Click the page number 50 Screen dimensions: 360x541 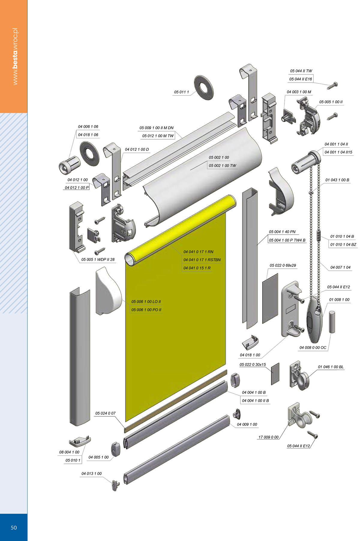(x=14, y=527)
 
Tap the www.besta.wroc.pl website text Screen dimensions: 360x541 (x=15, y=56)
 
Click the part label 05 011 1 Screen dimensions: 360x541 (x=181, y=92)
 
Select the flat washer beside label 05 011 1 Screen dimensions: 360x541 (x=204, y=87)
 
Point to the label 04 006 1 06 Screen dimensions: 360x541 (x=88, y=127)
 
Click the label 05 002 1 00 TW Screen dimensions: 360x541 (x=223, y=166)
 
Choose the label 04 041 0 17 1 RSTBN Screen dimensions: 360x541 (x=202, y=260)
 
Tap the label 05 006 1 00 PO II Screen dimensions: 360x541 (x=146, y=310)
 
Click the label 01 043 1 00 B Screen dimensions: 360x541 (x=337, y=180)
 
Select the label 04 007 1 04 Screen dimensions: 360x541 (x=340, y=267)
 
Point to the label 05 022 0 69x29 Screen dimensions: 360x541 (x=283, y=265)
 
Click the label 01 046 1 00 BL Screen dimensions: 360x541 (x=331, y=367)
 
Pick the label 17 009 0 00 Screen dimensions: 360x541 (x=268, y=437)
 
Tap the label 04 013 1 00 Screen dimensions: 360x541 (x=91, y=474)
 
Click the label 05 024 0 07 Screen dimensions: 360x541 (x=105, y=413)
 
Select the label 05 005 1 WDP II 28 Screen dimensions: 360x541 (x=98, y=260)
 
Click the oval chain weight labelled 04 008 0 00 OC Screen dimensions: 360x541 (x=314, y=319)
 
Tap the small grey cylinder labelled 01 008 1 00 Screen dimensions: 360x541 (x=332, y=322)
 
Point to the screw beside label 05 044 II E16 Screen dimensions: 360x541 (x=333, y=86)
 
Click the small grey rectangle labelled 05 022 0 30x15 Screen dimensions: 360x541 (x=275, y=374)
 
